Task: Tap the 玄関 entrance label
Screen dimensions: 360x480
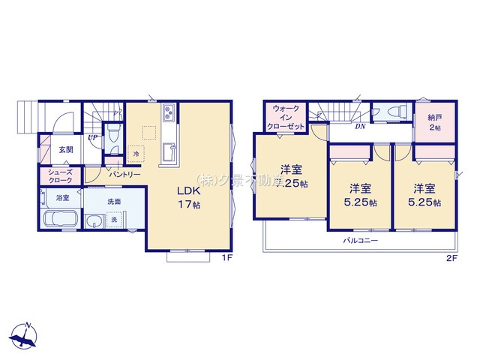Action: coord(66,149)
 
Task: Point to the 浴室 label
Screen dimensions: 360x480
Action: coord(61,198)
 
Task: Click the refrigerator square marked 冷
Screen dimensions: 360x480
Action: coord(136,154)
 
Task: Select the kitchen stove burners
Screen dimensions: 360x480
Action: coord(167,113)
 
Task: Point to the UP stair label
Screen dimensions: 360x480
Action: coord(91,137)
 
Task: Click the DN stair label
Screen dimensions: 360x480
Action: coord(360,126)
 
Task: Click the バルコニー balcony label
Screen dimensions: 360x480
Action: coord(361,241)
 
